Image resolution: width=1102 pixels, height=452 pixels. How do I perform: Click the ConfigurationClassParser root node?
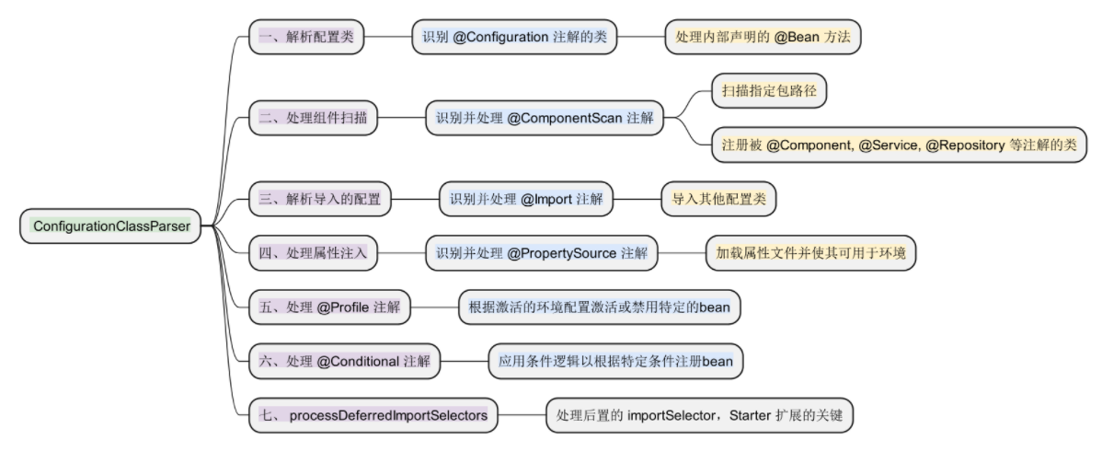tap(111, 226)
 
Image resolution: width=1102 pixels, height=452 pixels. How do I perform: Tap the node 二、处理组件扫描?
tap(313, 118)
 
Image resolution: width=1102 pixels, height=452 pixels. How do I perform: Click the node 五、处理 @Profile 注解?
tap(329, 307)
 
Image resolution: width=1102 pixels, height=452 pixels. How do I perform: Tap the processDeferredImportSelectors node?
tap(373, 416)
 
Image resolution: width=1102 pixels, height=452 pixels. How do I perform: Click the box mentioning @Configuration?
tap(514, 37)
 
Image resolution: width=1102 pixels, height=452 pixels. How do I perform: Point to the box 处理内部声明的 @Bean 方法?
tap(763, 37)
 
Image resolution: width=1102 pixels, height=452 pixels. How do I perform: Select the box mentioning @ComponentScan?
tap(544, 118)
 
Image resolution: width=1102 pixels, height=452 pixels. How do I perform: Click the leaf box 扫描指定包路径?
tap(769, 91)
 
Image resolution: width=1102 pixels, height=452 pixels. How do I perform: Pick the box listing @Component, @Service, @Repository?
tap(899, 145)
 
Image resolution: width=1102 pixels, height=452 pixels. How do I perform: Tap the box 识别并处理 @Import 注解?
tap(525, 198)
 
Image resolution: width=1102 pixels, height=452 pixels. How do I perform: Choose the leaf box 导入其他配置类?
tap(718, 198)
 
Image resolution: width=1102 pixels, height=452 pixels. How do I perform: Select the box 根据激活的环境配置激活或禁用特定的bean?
tap(599, 307)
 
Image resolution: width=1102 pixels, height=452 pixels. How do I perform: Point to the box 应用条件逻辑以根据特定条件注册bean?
tap(615, 362)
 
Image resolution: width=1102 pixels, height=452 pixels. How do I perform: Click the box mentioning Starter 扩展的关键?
tap(700, 416)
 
